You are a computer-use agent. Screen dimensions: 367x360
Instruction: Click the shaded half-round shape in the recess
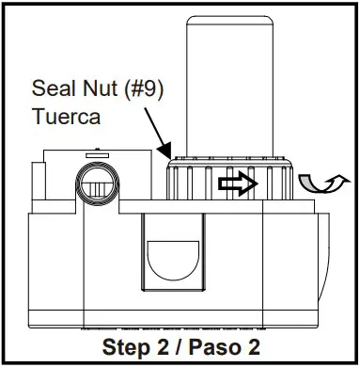tap(174, 254)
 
